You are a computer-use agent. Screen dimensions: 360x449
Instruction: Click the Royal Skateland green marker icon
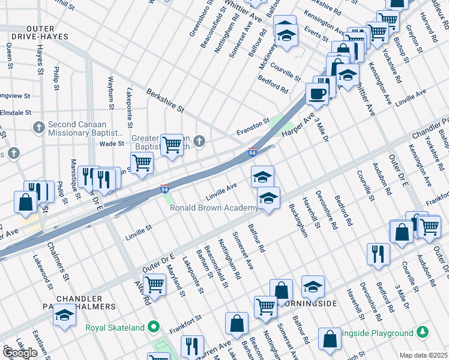[154, 327]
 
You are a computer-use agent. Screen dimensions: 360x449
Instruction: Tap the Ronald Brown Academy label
[214, 208]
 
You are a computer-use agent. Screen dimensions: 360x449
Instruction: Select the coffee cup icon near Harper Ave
[317, 93]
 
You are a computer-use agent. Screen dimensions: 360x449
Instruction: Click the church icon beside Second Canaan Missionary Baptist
[38, 127]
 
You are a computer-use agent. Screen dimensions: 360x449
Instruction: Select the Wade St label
[112, 143]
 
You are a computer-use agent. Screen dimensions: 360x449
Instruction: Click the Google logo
[20, 353]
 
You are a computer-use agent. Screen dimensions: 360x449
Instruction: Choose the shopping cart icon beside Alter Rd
[155, 284]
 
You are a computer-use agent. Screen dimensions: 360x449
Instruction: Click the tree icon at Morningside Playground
[423, 332]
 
